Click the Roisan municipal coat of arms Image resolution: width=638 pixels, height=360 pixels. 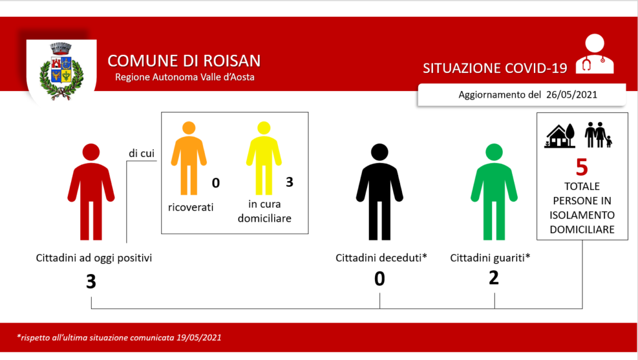[x=62, y=71]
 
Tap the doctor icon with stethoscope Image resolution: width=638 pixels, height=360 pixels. [x=594, y=54]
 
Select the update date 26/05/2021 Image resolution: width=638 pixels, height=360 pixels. [x=572, y=95]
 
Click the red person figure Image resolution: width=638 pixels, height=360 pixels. [x=91, y=192]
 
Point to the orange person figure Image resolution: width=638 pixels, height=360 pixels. [x=189, y=158]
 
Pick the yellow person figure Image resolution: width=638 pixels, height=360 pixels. [x=264, y=158]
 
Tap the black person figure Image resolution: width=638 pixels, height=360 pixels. [x=379, y=192]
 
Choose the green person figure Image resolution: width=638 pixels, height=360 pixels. [x=494, y=192]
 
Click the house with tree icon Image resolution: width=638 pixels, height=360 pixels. [x=560, y=135]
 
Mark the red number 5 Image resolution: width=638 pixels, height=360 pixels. [x=582, y=167]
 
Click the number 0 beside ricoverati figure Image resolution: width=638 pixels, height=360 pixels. [x=216, y=183]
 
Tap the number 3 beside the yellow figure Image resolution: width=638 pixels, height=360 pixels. [x=289, y=182]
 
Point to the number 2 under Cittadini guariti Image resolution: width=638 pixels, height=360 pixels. [x=493, y=278]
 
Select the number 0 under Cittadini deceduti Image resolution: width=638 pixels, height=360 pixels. [x=379, y=278]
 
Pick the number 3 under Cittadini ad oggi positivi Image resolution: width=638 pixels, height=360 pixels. [x=91, y=281]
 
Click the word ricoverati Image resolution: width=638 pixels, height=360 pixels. [x=191, y=207]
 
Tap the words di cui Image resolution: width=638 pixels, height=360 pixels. [x=141, y=153]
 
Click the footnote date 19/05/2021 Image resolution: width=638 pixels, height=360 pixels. [x=199, y=338]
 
